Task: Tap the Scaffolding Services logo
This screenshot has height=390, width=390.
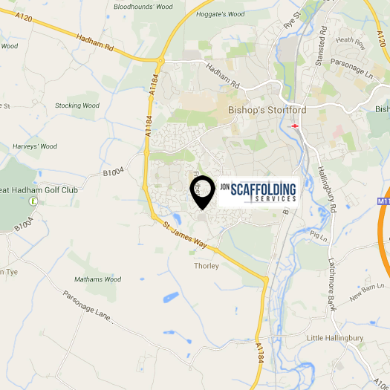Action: pyautogui.click(x=258, y=191)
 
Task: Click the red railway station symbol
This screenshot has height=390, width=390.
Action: pyautogui.click(x=295, y=126)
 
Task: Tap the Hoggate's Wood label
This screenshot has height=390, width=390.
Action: pyautogui.click(x=219, y=14)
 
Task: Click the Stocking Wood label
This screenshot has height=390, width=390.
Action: pyautogui.click(x=77, y=105)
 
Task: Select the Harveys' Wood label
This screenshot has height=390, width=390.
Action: pyautogui.click(x=34, y=146)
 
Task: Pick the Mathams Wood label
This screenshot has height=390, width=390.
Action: pyautogui.click(x=97, y=279)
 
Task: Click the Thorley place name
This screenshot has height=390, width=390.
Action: pyautogui.click(x=206, y=266)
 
